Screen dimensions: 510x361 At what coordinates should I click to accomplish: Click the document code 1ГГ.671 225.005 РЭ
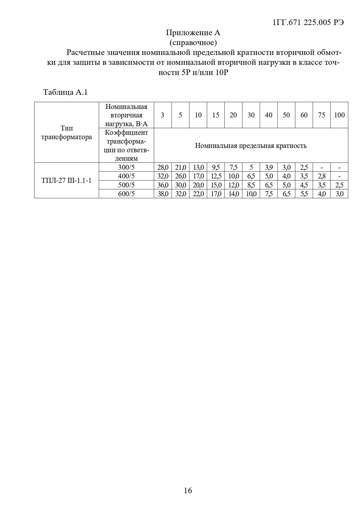[308, 23]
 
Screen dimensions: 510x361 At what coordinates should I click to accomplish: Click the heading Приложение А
[193, 33]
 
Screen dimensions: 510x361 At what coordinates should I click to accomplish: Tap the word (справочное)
[193, 43]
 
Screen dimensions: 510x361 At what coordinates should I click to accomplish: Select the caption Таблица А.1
[65, 92]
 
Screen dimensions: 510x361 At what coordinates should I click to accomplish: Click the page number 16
[188, 491]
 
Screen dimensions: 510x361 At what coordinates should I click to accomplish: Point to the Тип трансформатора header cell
[67, 132]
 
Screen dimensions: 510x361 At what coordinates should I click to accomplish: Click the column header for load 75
[321, 115]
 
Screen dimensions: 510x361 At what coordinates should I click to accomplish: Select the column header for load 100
[339, 115]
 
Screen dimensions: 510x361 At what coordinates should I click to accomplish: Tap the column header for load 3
[163, 115]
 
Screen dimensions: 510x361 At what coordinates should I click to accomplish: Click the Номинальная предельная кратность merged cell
[251, 145]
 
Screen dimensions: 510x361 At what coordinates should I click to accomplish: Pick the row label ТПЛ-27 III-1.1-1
[67, 180]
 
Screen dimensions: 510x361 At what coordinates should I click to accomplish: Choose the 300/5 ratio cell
[126, 167]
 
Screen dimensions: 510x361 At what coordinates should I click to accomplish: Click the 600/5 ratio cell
[126, 194]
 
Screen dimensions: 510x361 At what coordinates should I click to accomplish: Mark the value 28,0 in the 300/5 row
[163, 167]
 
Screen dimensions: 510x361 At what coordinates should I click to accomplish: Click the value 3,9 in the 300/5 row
[269, 167]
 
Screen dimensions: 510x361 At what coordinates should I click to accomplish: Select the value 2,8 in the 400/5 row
[321, 176]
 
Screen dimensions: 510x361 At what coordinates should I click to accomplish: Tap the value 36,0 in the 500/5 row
[163, 185]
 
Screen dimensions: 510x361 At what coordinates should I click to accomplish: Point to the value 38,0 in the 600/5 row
[163, 194]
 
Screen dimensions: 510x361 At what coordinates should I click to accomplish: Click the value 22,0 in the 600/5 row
[198, 194]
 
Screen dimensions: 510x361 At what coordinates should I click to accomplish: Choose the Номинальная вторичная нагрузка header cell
[126, 115]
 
